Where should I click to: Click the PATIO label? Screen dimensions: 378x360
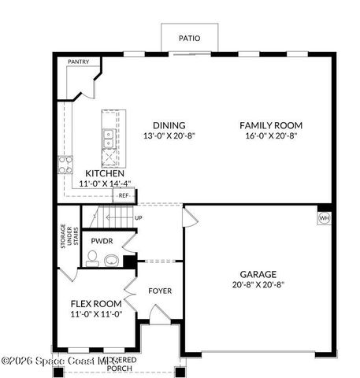pos(189,37)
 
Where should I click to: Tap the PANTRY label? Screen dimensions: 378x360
pos(78,61)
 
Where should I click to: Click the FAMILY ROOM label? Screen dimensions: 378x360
pos(271,125)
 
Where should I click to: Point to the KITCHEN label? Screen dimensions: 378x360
pos(105,173)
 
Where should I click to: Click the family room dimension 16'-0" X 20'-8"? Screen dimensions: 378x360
pos(271,135)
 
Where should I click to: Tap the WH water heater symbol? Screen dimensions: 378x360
pos(324,217)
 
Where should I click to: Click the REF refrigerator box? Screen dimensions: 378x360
pos(124,195)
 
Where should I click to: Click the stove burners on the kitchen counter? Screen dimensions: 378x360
pos(64,165)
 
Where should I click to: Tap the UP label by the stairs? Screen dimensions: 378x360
pos(139,217)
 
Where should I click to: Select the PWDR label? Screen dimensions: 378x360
pos(101,241)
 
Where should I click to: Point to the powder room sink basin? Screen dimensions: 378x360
pos(110,260)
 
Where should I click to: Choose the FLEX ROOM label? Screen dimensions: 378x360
pos(95,304)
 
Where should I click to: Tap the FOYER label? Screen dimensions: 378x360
pos(160,291)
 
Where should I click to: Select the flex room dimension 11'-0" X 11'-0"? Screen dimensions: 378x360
pos(95,314)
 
